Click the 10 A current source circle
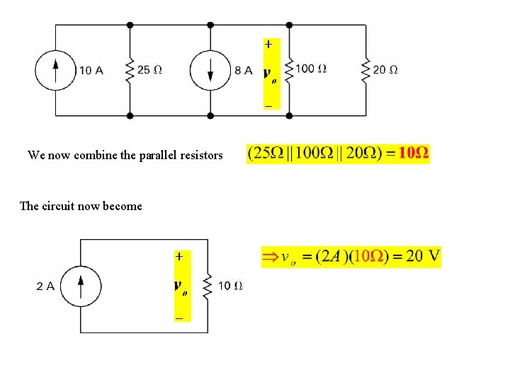(x=55, y=69)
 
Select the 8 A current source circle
(x=210, y=69)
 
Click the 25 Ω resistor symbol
(x=130, y=69)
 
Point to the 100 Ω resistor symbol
(x=290, y=69)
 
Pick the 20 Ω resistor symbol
(x=365, y=69)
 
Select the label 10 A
(x=91, y=70)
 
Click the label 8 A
(x=243, y=70)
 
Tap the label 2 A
(x=45, y=286)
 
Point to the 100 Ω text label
(x=311, y=69)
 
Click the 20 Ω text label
(x=385, y=69)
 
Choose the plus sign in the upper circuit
(x=268, y=44)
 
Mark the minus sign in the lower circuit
(x=179, y=319)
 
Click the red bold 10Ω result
(x=414, y=154)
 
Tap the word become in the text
(x=123, y=207)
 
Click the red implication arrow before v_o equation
(x=271, y=257)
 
